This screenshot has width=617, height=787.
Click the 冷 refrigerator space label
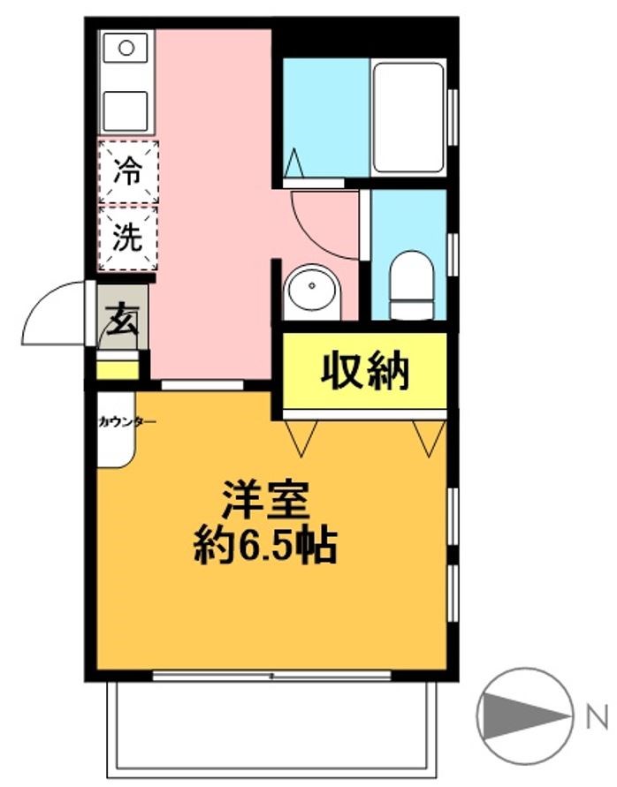(127, 170)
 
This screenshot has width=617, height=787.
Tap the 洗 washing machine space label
(127, 237)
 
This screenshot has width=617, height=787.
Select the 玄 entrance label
(122, 318)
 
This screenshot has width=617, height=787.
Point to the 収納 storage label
(365, 371)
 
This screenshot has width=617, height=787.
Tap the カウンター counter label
(126, 421)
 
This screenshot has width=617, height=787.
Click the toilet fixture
(412, 284)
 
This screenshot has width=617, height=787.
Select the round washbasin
(312, 292)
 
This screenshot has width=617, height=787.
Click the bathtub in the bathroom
(409, 118)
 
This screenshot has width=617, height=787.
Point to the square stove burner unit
(126, 110)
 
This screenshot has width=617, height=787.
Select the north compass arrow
(525, 716)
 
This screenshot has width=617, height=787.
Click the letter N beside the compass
(597, 717)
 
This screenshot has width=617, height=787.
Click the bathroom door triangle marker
(294, 163)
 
